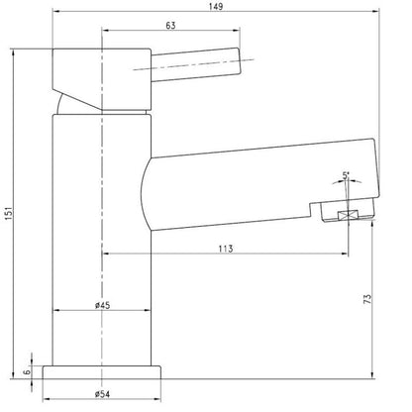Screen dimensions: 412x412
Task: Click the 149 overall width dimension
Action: point(216,7)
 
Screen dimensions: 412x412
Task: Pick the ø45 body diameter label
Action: point(101,305)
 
